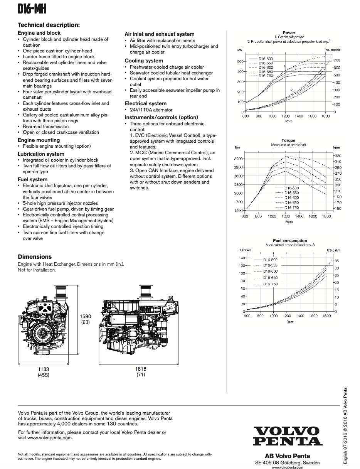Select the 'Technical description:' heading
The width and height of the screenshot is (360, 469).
[49, 25]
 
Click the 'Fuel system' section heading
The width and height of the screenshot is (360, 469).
[33, 179]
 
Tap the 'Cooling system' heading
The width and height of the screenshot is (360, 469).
[144, 61]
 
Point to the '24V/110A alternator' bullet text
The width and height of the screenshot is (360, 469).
[151, 110]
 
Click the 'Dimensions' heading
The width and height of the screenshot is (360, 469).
[35, 257]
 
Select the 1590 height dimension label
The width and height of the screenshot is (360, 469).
[86, 317]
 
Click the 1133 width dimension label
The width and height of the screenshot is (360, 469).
[44, 369]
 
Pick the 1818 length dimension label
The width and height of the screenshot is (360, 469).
[141, 369]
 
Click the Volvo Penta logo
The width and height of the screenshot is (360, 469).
[288, 436]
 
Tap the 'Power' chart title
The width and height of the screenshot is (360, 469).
[289, 33]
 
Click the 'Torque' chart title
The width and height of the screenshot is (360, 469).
[288, 140]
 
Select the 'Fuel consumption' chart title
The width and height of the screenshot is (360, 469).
[290, 241]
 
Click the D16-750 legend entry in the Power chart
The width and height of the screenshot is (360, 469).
[266, 76]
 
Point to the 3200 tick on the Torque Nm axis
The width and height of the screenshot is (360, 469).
[238, 159]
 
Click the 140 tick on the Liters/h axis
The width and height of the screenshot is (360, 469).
[242, 258]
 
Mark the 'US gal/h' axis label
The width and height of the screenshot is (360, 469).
[334, 250]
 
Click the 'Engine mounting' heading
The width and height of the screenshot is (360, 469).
[39, 140]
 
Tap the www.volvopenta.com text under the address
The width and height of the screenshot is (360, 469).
[287, 467]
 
